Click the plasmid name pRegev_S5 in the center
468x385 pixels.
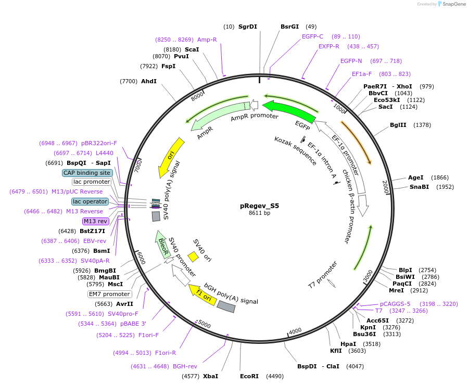tap(259, 206)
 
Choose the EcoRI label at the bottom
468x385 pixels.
tap(249, 376)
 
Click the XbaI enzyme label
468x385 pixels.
tap(210, 376)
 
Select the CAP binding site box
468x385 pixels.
tap(87, 173)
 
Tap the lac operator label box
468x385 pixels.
tap(90, 201)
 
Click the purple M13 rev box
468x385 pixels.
tap(95, 221)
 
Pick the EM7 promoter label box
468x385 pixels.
tap(109, 294)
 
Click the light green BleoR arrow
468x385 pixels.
tap(163, 245)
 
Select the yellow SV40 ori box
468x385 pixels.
tap(193, 256)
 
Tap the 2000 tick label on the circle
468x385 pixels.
tap(386, 187)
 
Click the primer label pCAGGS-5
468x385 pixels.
tap(395, 304)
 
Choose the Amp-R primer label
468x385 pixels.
tap(207, 40)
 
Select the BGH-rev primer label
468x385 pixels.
tap(185, 366)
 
